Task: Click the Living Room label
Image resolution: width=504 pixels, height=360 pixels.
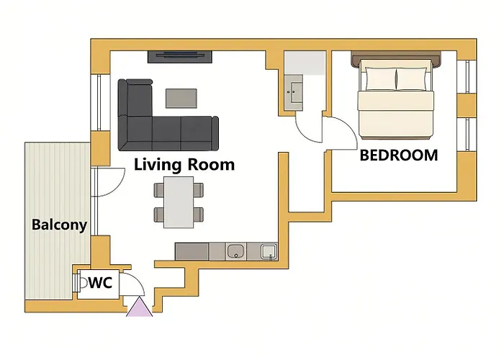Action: point(184,165)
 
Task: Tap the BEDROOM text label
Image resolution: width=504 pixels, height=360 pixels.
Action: point(399,156)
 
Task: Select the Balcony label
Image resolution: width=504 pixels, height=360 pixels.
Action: point(60,225)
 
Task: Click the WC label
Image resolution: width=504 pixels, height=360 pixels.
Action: point(101,282)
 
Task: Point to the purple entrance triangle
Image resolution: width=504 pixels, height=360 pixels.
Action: point(140,307)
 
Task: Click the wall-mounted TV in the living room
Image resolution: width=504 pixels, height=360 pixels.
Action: point(180,57)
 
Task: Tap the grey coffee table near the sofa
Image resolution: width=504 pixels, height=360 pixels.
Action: point(181,99)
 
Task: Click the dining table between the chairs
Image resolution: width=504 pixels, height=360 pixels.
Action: point(179,202)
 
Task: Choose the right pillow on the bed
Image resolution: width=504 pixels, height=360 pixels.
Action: point(413,79)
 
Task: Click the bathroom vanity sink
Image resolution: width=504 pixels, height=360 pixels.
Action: point(294,92)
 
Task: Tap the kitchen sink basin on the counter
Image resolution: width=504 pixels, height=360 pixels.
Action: point(235,251)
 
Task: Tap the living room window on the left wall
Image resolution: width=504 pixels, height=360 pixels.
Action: point(96,102)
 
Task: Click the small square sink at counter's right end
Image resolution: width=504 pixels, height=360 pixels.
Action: point(269,251)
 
